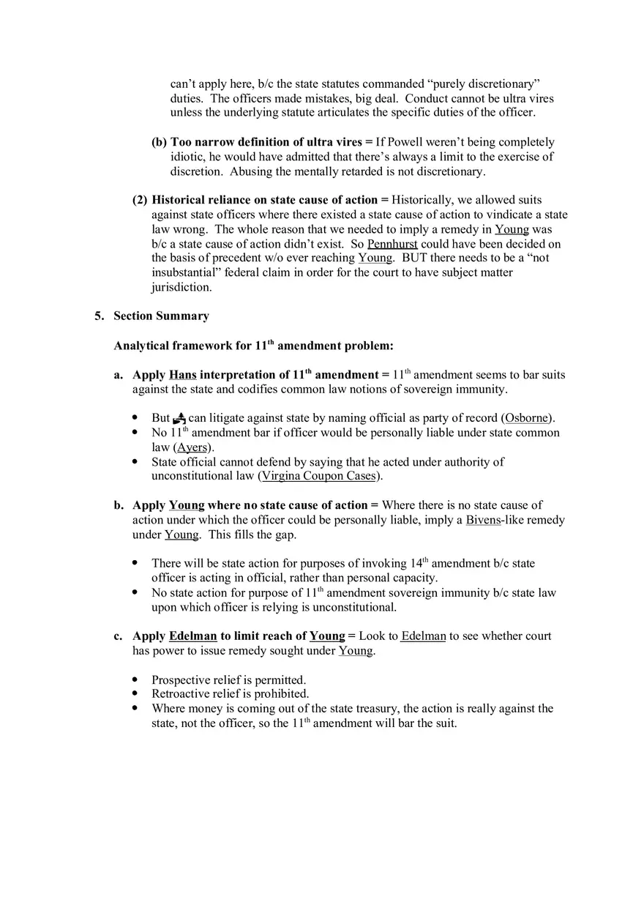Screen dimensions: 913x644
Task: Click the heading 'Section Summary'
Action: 161,316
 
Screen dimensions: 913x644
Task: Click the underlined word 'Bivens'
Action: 483,520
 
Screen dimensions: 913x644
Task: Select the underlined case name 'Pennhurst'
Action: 392,244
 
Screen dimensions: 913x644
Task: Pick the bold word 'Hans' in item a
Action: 182,375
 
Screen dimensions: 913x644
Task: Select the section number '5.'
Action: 100,316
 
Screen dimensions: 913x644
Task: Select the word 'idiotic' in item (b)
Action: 187,157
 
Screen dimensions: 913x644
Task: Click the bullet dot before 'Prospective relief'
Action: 135,680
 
